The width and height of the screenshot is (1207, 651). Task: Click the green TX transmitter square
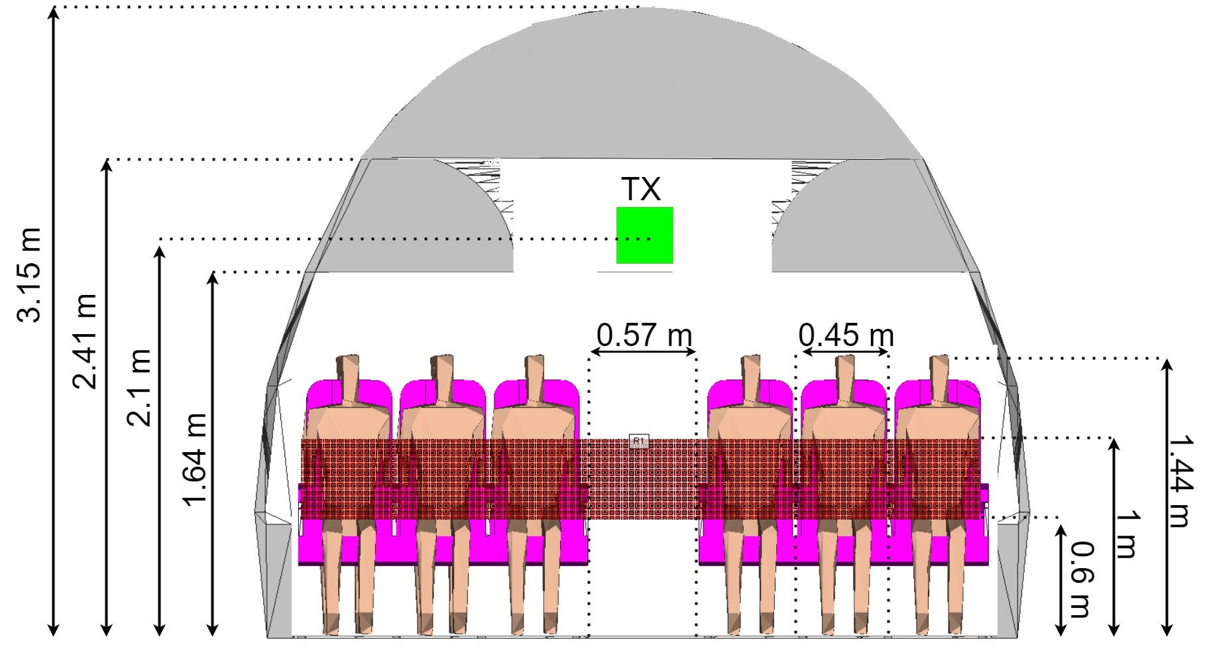(x=644, y=235)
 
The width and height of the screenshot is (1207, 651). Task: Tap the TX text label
(x=641, y=190)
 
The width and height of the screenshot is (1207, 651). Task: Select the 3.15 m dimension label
(x=29, y=274)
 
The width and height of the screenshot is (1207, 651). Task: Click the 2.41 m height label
(x=84, y=340)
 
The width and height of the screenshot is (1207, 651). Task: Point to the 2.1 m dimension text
(x=139, y=386)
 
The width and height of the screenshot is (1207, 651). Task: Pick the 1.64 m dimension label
(x=195, y=459)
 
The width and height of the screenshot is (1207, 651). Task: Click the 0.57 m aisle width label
(x=644, y=335)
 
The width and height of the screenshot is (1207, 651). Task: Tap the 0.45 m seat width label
(x=846, y=335)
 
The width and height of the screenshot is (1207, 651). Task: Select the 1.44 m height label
(x=1180, y=481)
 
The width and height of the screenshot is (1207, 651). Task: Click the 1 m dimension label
(x=1127, y=534)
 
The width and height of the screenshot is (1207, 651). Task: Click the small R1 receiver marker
(x=638, y=441)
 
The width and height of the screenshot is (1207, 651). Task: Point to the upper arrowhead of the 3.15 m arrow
(x=54, y=12)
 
